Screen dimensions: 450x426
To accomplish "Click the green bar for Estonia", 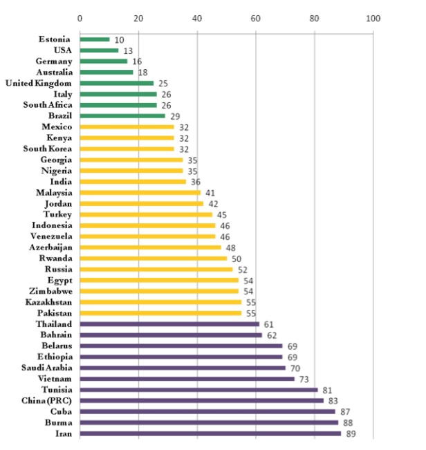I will (x=95, y=39).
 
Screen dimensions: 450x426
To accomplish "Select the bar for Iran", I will (x=210, y=433).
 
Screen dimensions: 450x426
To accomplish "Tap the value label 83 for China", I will (x=333, y=400).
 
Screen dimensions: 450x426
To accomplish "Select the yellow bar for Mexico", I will (x=127, y=126).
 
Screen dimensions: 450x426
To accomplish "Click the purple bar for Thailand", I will (x=169, y=324).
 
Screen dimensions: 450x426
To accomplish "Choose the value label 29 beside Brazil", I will (x=175, y=115).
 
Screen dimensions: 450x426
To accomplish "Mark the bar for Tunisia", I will (x=198, y=389).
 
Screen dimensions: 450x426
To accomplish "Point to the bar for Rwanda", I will (x=154, y=258).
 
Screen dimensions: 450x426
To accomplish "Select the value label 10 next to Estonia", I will (x=120, y=39).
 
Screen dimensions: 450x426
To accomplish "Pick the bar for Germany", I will (x=103, y=61).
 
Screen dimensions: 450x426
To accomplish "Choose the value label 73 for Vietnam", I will (x=304, y=378).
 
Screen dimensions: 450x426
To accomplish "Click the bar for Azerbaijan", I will (x=150, y=247).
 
